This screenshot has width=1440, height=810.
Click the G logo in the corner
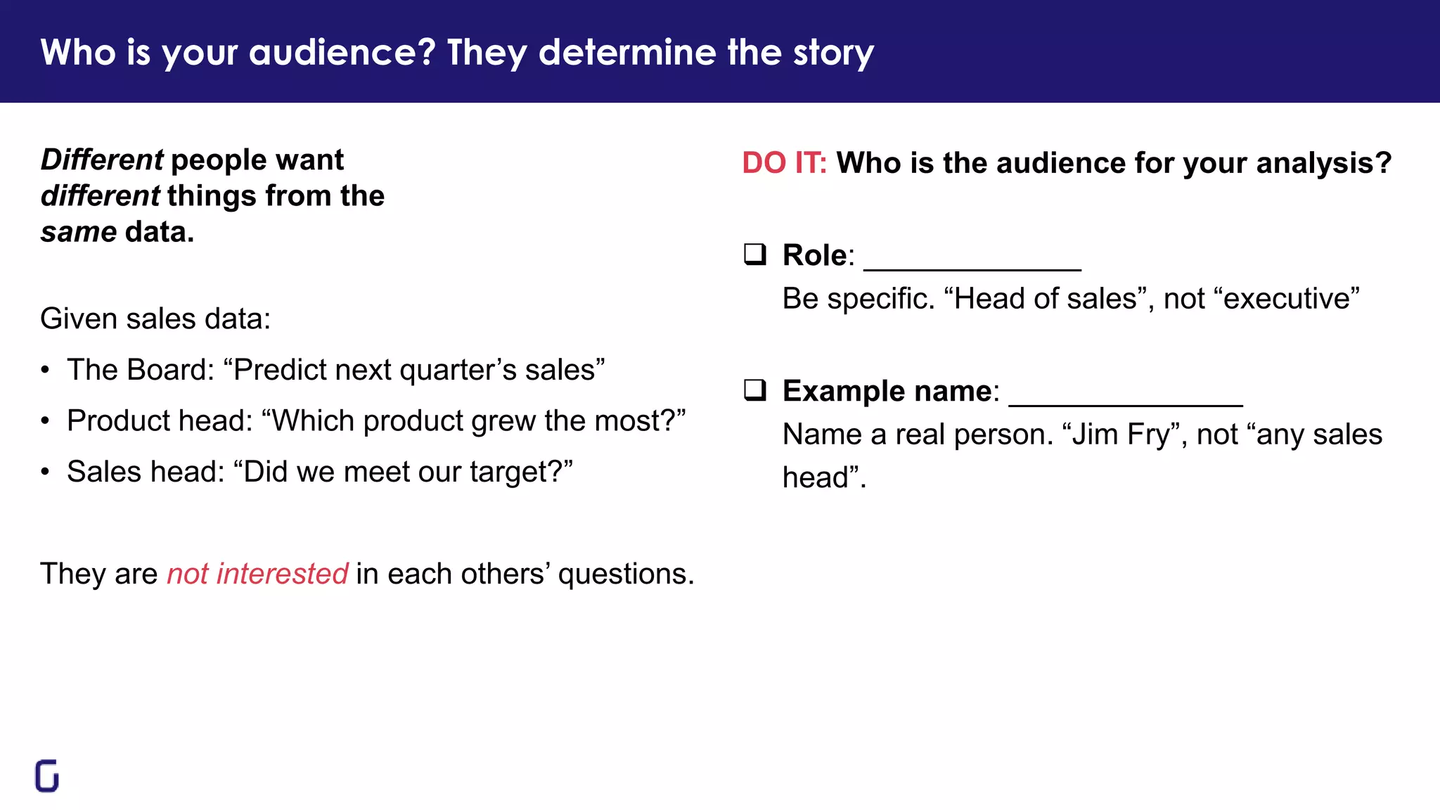pyautogui.click(x=47, y=776)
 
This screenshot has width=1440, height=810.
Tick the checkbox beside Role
pyautogui.click(x=755, y=254)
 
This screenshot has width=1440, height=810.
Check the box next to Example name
pyautogui.click(x=755, y=390)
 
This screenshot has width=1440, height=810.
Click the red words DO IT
pyautogui.click(x=784, y=163)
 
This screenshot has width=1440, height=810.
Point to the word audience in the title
pyautogui.click(x=342, y=53)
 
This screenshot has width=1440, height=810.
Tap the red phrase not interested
pyautogui.click(x=257, y=574)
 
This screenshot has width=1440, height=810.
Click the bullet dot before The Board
pyautogui.click(x=45, y=371)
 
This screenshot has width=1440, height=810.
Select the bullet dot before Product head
pyautogui.click(x=45, y=421)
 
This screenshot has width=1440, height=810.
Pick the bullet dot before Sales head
pyautogui.click(x=45, y=472)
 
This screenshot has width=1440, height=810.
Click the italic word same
pyautogui.click(x=79, y=232)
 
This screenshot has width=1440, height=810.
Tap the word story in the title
pyautogui.click(x=833, y=53)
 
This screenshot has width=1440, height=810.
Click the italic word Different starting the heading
pyautogui.click(x=102, y=160)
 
